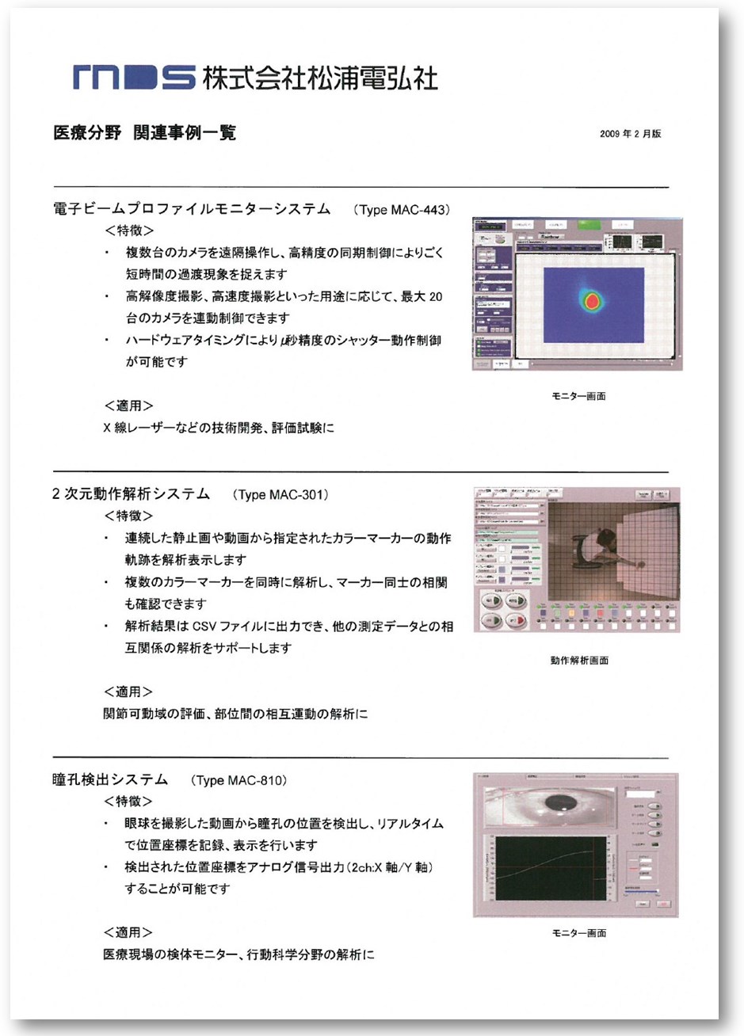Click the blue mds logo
[132, 78]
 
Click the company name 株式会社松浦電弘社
[319, 78]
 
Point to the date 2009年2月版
[630, 134]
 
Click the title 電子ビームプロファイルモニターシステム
[191, 209]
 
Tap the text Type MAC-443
[403, 210]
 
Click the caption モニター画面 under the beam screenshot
[578, 396]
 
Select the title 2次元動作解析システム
[131, 494]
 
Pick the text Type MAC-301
[280, 495]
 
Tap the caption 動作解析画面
[579, 660]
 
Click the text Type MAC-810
[238, 781]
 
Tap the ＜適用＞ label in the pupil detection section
[128, 932]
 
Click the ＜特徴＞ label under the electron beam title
[128, 231]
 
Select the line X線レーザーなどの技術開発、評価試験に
[219, 428]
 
